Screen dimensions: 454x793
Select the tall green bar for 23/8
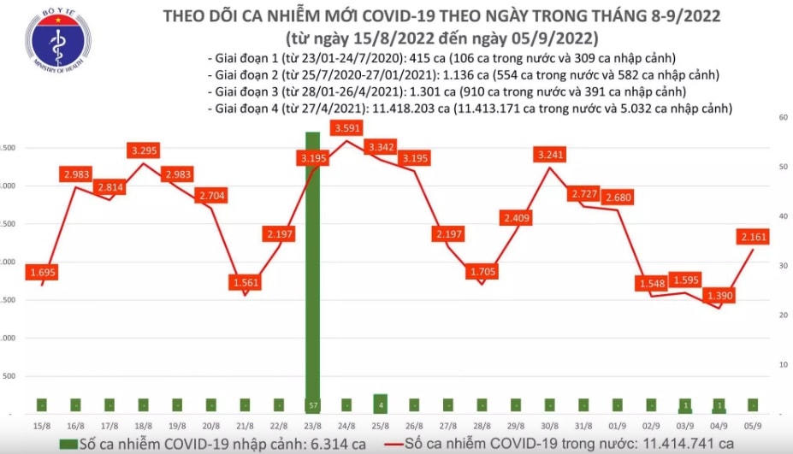click(x=313, y=274)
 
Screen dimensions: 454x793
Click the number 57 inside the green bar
click(x=313, y=404)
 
